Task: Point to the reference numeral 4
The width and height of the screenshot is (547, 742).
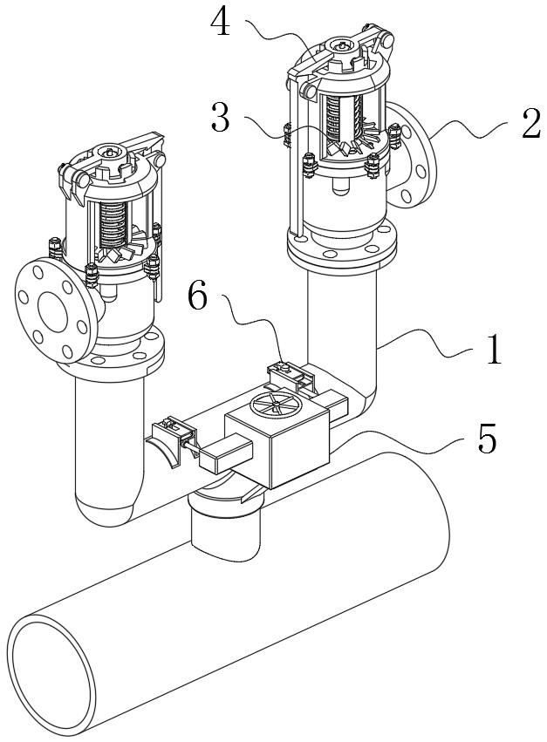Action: [x=222, y=24]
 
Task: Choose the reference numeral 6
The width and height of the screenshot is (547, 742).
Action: [x=200, y=296]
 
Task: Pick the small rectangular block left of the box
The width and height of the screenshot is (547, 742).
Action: [x=225, y=455]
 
